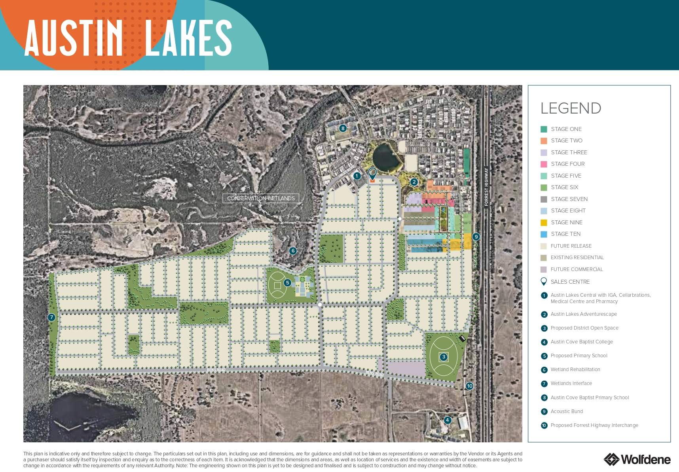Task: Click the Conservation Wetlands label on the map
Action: [x=261, y=198]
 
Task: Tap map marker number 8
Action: [x=343, y=128]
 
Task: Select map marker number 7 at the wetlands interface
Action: [x=51, y=317]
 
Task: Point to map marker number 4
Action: [x=447, y=420]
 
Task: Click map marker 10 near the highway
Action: [x=469, y=386]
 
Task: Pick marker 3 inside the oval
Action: [x=444, y=357]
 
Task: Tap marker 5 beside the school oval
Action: [x=288, y=283]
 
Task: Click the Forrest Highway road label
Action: [x=486, y=187]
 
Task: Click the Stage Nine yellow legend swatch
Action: [x=544, y=223]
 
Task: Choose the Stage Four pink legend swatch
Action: [x=544, y=164]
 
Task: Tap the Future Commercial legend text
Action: [x=577, y=269]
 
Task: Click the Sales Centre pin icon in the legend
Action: [x=544, y=282]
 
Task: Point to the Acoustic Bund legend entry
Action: [x=567, y=411]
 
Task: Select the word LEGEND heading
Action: [x=571, y=108]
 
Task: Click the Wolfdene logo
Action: [x=637, y=459]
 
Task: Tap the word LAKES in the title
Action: [x=188, y=38]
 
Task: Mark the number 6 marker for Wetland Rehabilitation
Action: [x=293, y=250]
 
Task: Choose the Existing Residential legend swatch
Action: [x=544, y=258]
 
